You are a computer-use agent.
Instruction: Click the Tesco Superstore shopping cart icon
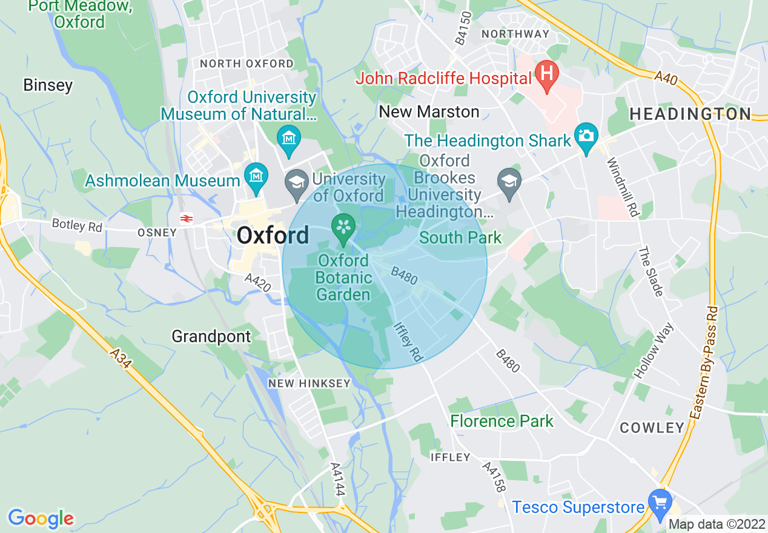[659, 502]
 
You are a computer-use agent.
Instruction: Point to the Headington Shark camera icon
[586, 134]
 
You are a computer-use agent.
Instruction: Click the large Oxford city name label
[273, 235]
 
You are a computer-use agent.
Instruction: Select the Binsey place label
[48, 85]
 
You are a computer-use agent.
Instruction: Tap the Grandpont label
[211, 336]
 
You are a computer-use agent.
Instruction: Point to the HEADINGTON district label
[690, 113]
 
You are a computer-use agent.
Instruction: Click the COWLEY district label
[652, 428]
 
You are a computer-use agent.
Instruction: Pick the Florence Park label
[502, 421]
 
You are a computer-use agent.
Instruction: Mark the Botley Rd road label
[78, 225]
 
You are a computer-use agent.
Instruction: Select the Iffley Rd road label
[407, 343]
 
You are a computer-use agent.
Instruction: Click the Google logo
[41, 518]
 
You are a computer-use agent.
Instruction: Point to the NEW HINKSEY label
[310, 383]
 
